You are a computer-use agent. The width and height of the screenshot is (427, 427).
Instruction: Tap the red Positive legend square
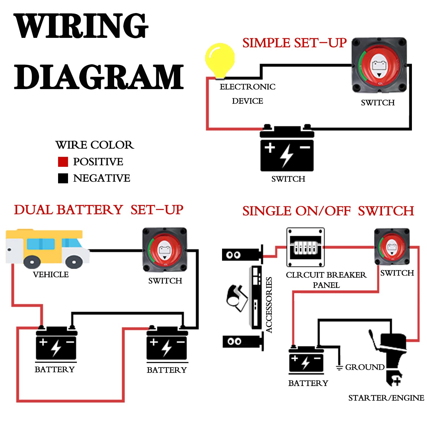(x=63, y=162)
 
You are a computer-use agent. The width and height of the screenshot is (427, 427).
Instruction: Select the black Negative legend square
(x=63, y=178)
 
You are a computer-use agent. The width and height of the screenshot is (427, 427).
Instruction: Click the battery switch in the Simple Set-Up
(x=379, y=65)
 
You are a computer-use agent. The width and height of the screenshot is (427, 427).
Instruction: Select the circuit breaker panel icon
(x=305, y=247)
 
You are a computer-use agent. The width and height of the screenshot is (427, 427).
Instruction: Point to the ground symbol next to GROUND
(x=339, y=367)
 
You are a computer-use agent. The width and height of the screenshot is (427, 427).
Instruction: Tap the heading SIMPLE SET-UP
(x=294, y=43)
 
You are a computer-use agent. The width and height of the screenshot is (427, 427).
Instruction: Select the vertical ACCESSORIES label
(x=269, y=305)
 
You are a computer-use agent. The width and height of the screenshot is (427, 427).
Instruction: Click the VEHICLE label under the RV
(x=51, y=274)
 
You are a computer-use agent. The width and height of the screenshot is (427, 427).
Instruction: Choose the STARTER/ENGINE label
(x=386, y=398)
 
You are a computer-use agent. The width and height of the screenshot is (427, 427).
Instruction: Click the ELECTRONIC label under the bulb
(x=247, y=87)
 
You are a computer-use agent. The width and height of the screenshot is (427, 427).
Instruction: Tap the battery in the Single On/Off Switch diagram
(x=306, y=360)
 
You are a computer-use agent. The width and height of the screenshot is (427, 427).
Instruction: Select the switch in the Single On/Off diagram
(x=392, y=247)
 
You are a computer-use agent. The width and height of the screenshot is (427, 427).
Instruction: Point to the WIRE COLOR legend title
(x=95, y=145)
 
